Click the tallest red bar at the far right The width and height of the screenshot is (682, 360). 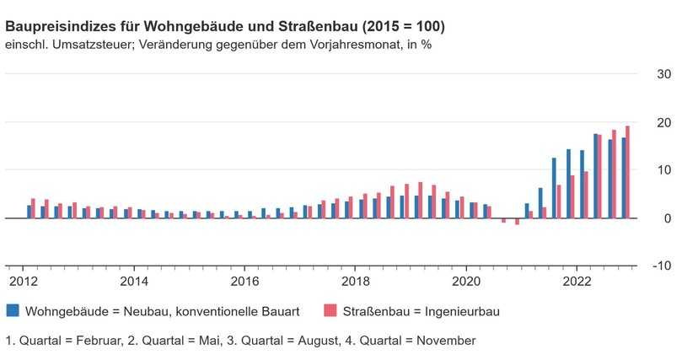[627, 172]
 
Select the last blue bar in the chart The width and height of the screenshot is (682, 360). [623, 178]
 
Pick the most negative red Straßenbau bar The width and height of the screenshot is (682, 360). [517, 222]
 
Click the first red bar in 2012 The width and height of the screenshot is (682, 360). [33, 209]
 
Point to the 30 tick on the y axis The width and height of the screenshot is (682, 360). [663, 74]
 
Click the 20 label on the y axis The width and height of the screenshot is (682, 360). [663, 122]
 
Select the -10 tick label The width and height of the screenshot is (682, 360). [662, 266]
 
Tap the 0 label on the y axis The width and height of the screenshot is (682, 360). [667, 218]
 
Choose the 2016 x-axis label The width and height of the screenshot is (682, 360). [244, 281]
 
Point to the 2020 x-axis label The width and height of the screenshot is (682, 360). [465, 281]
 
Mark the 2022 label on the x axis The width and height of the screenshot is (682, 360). [577, 281]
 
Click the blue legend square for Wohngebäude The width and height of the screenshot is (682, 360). [12, 311]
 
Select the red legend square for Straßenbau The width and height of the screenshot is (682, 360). [329, 311]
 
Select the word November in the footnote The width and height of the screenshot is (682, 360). [444, 341]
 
